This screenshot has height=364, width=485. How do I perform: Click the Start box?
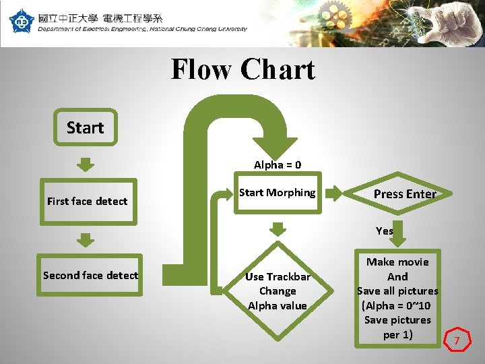[x=85, y=127]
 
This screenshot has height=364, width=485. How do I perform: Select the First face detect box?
[x=88, y=201]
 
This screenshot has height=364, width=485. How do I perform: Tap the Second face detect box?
[x=90, y=275]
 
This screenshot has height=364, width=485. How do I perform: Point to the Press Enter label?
[x=405, y=194]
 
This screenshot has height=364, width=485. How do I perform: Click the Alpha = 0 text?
[x=278, y=164]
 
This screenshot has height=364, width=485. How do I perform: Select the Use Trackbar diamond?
[x=278, y=291]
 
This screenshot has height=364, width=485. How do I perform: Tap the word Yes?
[x=385, y=231]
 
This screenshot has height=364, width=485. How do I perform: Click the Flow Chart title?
[x=243, y=69]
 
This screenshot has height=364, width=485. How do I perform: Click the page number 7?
[x=456, y=341]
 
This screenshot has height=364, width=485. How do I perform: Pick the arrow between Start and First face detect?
[x=85, y=164]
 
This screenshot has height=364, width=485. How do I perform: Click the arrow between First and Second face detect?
[x=85, y=239]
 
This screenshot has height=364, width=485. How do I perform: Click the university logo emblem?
[x=20, y=21]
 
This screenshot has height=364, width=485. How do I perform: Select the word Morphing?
[x=291, y=193]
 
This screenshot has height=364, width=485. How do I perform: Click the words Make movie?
[x=397, y=262]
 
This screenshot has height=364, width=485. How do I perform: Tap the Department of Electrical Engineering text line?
[x=142, y=29]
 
